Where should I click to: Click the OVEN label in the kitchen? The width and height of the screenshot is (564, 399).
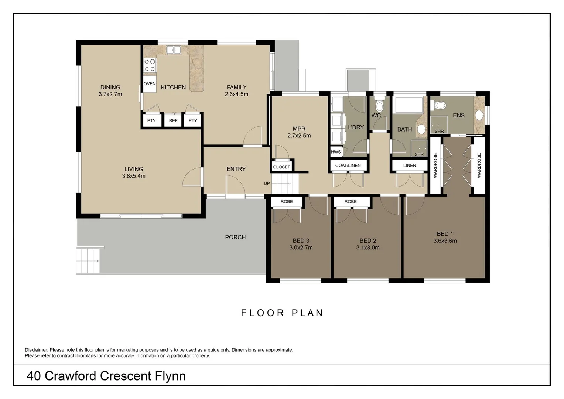click(x=150, y=84)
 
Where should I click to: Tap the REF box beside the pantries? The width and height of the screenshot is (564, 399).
click(x=173, y=120)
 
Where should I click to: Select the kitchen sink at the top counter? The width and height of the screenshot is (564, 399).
click(x=173, y=50)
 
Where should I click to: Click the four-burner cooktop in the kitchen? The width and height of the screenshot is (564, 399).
click(x=150, y=65)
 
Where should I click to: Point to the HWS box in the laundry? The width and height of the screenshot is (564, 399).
click(x=336, y=152)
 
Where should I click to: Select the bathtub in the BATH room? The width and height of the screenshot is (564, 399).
click(x=409, y=105)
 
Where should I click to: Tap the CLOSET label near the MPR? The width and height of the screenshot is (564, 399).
click(x=281, y=167)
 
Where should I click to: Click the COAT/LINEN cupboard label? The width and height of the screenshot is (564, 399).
click(x=348, y=166)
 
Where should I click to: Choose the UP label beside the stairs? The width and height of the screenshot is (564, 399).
click(x=267, y=184)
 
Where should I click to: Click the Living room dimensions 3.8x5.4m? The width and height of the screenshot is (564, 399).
click(x=134, y=176)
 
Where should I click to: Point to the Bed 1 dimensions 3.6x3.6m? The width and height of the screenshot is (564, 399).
click(x=445, y=241)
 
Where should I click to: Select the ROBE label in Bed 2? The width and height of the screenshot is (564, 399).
click(x=351, y=202)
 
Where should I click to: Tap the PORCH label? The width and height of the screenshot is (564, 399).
click(x=235, y=237)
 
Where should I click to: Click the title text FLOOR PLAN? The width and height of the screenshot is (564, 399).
click(x=282, y=313)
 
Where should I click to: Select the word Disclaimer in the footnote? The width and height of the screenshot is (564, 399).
click(x=36, y=350)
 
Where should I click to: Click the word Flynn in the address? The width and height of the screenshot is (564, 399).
click(x=170, y=376)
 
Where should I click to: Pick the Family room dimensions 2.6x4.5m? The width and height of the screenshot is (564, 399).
click(x=236, y=94)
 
